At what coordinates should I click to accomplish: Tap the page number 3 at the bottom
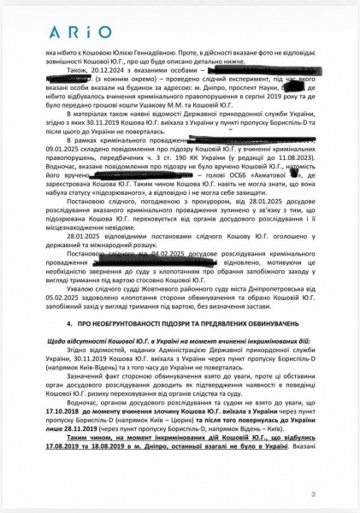pos(313,493)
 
